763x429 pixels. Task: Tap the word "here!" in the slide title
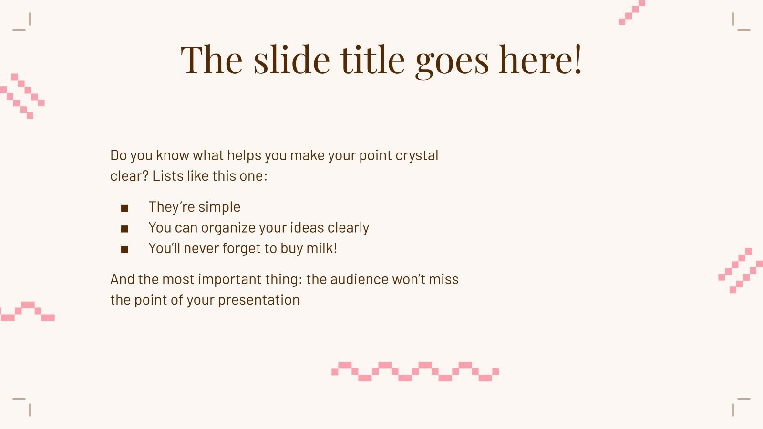[540, 60]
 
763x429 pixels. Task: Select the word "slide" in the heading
[291, 60]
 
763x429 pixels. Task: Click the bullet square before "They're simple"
[125, 208]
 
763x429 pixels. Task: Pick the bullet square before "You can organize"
[125, 229]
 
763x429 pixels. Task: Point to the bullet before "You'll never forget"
[125, 249]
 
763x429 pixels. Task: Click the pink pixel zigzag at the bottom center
[415, 372]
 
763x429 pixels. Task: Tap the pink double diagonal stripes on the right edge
[741, 270]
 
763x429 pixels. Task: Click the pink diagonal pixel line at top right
[631, 12]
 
